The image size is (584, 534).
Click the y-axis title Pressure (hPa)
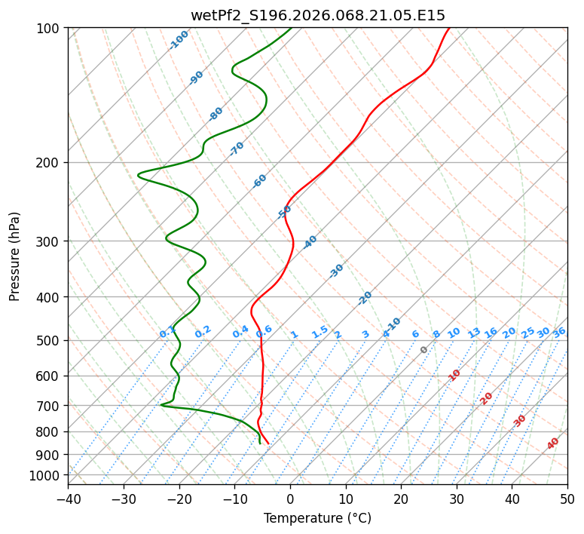[x=15, y=256]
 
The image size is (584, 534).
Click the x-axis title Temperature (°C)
[x=317, y=518]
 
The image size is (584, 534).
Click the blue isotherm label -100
[x=179, y=40]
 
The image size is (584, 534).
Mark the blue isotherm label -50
[x=284, y=212]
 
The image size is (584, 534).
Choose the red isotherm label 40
[x=553, y=443]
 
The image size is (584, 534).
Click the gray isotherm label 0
[x=424, y=350]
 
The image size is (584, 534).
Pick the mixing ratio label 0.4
[x=240, y=333]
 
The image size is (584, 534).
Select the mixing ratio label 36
[x=559, y=332]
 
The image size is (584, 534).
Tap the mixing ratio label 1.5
[x=320, y=331]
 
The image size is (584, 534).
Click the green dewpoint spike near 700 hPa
[x=162, y=405]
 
